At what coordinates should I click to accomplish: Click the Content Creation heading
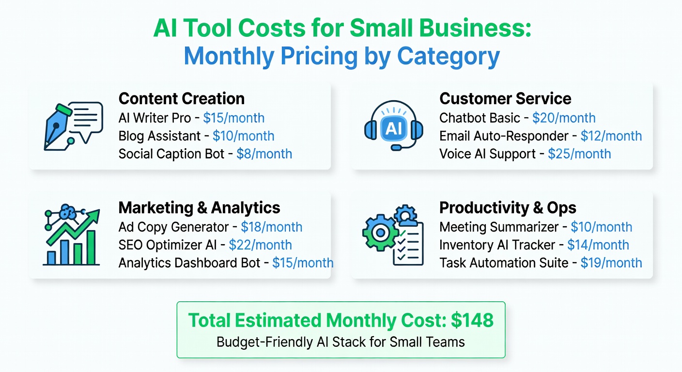[181, 99]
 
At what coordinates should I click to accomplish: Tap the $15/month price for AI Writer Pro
[233, 118]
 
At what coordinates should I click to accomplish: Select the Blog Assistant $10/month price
[243, 136]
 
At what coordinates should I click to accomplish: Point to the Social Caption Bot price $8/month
[264, 154]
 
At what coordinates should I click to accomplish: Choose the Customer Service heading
[505, 99]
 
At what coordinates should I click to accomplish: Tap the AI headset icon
[393, 127]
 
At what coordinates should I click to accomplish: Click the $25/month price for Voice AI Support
[579, 154]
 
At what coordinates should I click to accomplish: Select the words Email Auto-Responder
[504, 136]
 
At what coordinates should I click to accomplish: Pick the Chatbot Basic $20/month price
[564, 118]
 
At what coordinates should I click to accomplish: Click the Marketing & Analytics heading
[199, 208]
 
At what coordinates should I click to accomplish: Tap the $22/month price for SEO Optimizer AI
[261, 245]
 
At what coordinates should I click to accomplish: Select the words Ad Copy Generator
[173, 227]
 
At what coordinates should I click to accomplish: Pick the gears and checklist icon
[393, 236]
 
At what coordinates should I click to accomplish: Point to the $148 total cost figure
[472, 320]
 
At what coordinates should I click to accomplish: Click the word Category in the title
[449, 57]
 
